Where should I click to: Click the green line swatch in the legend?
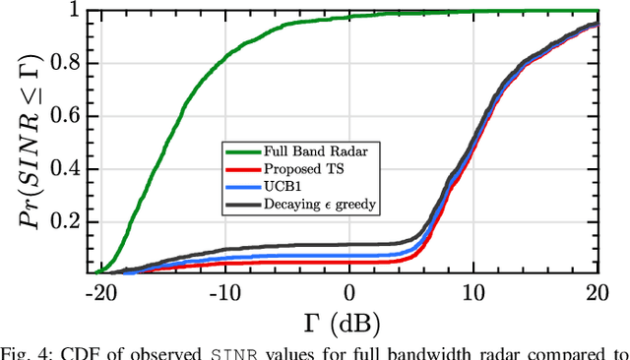pos(242,150)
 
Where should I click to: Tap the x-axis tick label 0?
pos(349,292)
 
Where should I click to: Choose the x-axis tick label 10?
pos(473,292)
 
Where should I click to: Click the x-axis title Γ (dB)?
pos(348,321)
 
